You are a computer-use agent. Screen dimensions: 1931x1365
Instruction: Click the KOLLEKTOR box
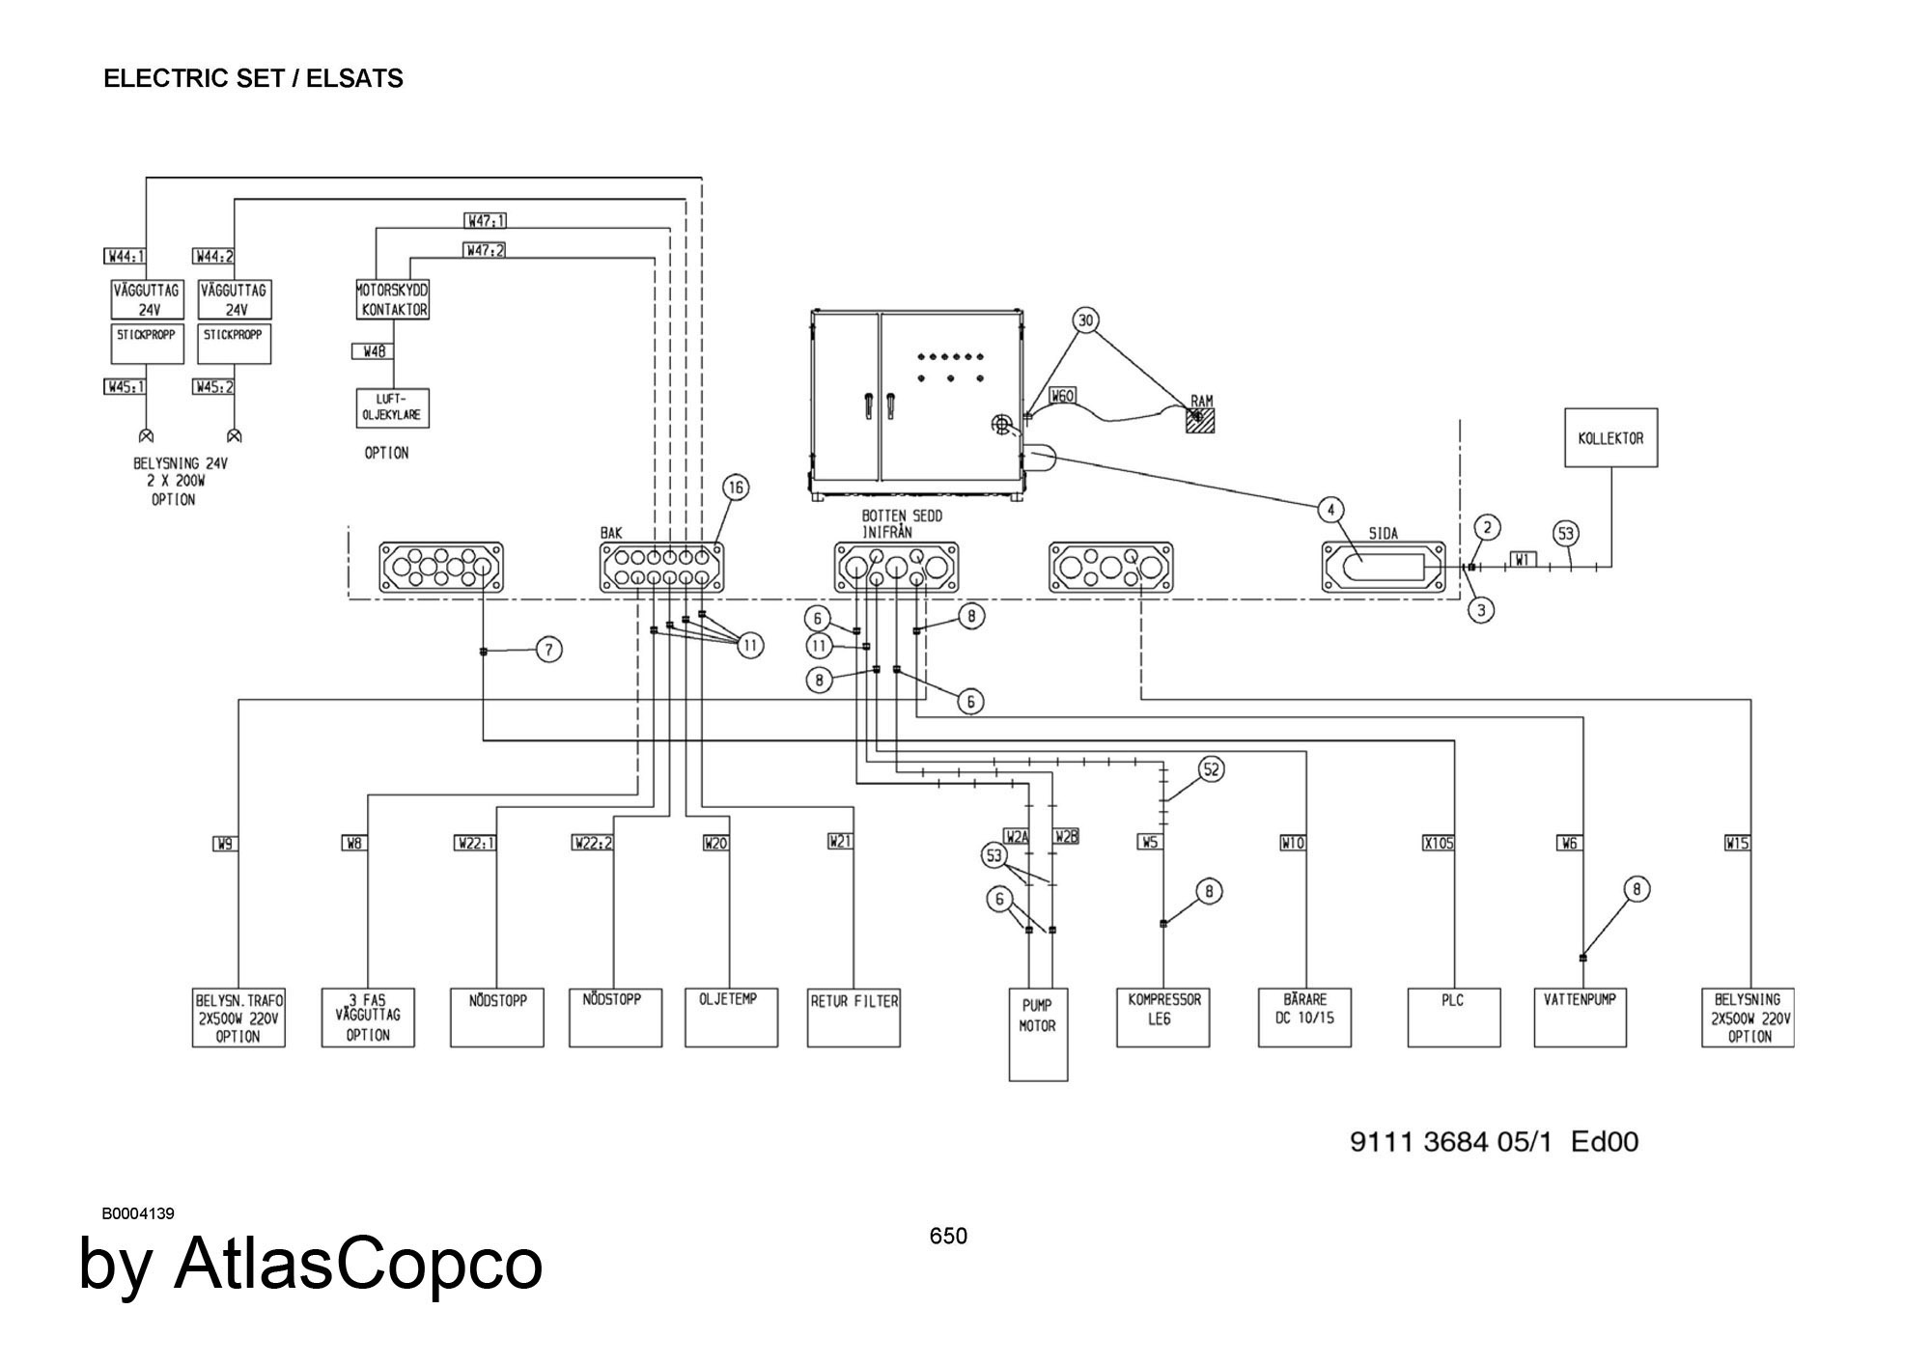(1610, 438)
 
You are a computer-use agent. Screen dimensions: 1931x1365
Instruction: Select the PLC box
(1454, 1017)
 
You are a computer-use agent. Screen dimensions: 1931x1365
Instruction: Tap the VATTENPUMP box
(1581, 1017)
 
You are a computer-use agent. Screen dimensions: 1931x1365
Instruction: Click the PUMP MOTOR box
(1039, 1034)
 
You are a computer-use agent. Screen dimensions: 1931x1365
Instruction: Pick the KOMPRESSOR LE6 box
(1163, 1017)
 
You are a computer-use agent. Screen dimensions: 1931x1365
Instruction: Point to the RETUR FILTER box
(854, 1017)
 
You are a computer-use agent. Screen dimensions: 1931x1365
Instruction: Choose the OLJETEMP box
(731, 1017)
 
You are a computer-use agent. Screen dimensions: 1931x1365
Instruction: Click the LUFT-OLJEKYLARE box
(392, 408)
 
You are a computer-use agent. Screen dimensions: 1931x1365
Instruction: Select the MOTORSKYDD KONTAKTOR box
(392, 300)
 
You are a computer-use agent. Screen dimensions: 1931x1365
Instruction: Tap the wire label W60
(1062, 396)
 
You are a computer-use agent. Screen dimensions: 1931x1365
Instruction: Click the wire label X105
(1439, 843)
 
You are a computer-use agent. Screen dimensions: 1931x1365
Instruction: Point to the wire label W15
(1738, 843)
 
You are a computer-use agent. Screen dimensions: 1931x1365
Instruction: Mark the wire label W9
(225, 843)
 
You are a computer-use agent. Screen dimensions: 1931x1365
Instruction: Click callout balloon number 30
(1087, 320)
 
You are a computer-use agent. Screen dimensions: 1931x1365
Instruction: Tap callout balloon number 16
(736, 488)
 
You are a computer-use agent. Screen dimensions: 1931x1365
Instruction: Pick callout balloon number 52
(1212, 769)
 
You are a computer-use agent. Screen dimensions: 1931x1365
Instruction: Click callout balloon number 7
(549, 651)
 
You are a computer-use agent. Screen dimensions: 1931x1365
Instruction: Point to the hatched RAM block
(1200, 421)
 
